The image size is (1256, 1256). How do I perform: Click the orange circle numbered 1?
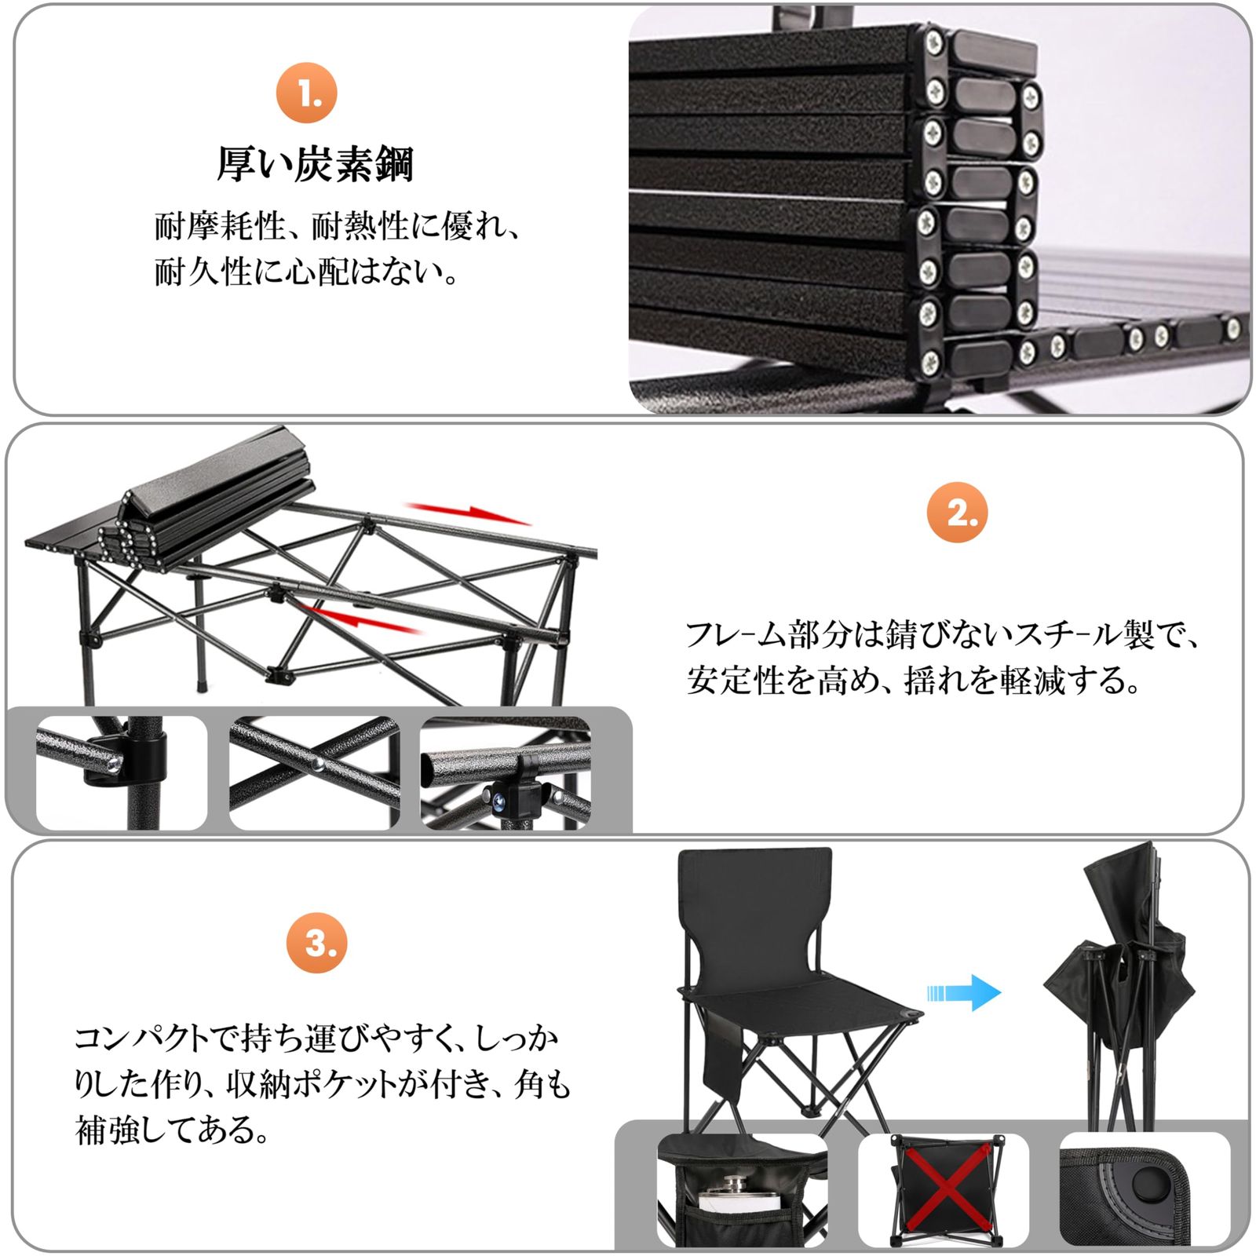click(307, 93)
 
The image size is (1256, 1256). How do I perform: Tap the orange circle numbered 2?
click(956, 513)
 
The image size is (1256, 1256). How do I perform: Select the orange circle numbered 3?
click(317, 943)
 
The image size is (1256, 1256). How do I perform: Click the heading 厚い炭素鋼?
click(315, 165)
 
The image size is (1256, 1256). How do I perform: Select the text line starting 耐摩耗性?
click(337, 227)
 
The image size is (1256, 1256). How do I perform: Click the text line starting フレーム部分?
click(942, 634)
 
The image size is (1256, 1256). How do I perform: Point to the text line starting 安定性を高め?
click(913, 680)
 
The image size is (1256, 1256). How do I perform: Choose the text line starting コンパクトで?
click(316, 1039)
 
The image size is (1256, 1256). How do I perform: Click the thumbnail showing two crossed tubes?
click(315, 772)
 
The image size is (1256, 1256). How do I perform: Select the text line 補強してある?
click(172, 1130)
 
